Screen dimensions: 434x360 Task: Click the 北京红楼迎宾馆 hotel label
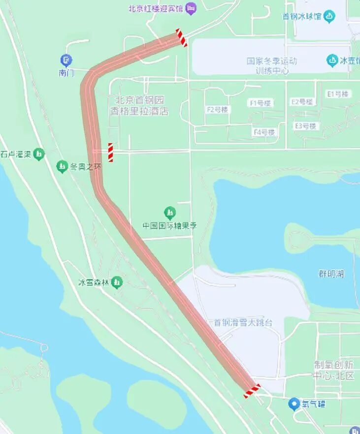[155, 8]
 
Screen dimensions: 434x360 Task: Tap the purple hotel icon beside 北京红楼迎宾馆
[191, 8]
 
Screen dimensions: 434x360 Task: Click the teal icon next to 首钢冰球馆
[329, 16]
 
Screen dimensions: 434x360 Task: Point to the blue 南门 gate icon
[65, 61]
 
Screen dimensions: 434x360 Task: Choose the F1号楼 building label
[261, 103]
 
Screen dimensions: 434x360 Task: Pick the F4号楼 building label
[264, 132]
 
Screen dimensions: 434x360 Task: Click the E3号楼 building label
[305, 126]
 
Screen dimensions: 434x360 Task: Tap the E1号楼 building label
[337, 93]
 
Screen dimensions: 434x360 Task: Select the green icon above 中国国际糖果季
[170, 213]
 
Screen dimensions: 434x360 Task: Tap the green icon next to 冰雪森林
[117, 282]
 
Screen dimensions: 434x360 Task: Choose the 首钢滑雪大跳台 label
[242, 323]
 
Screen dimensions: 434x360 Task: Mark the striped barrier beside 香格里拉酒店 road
[110, 153]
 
